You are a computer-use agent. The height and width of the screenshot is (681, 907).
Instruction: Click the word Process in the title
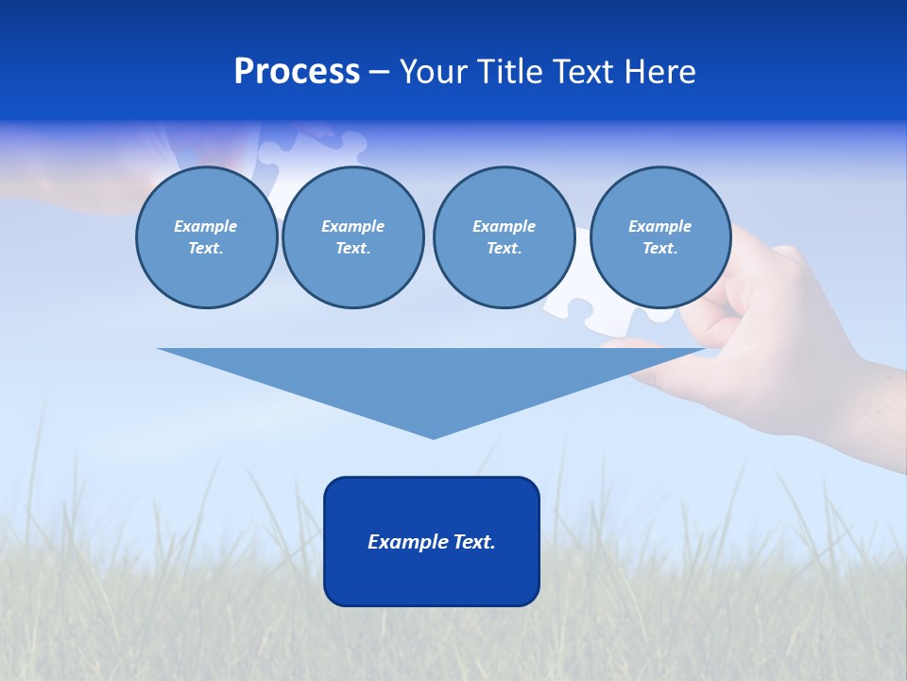[x=297, y=72]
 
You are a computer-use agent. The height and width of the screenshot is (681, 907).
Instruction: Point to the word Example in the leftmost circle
[x=205, y=226]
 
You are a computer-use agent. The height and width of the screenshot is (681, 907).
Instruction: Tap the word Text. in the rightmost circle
[x=659, y=248]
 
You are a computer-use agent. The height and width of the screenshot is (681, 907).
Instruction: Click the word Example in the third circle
[x=504, y=226]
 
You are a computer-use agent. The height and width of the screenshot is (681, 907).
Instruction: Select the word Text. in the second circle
[x=352, y=248]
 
